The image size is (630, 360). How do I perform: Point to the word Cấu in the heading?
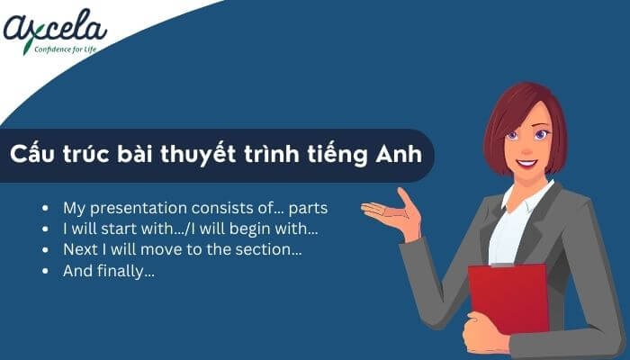pyautogui.click(x=35, y=154)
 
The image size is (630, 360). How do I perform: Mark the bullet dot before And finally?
pyautogui.click(x=46, y=270)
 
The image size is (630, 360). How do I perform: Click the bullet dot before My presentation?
pyautogui.click(x=46, y=209)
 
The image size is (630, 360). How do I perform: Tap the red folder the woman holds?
pyautogui.click(x=508, y=297)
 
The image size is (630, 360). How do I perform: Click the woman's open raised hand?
pyautogui.click(x=396, y=216)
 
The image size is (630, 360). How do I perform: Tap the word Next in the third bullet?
pyautogui.click(x=78, y=248)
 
